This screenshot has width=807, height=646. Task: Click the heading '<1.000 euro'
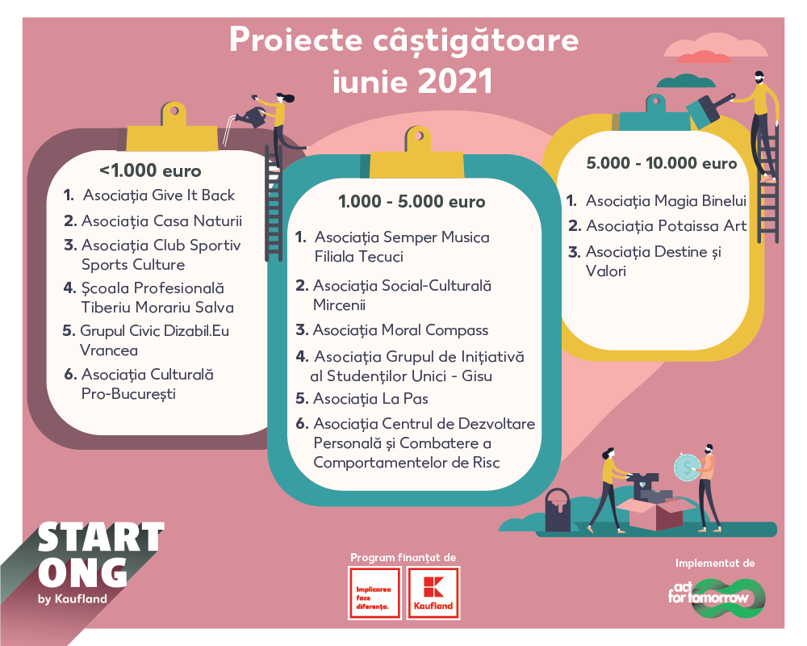[150, 170]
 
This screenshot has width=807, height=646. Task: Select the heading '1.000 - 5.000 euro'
[412, 201]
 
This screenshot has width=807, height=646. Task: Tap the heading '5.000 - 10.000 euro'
[662, 163]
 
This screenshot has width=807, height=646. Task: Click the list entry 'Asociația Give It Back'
[159, 195]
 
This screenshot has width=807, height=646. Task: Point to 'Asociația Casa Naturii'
[161, 221]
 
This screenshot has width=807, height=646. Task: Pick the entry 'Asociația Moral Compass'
[400, 330]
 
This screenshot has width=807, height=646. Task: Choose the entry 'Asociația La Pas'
[370, 399]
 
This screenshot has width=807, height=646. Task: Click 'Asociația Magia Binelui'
[666, 200]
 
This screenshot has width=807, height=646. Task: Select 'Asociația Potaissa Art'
[667, 225]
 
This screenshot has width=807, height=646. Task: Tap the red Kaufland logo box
[433, 593]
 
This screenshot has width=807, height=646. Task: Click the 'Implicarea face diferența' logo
[374, 593]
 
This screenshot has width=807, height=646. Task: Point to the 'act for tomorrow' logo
[717, 598]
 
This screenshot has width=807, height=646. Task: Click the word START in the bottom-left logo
[101, 537]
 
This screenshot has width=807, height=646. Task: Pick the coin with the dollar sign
[687, 468]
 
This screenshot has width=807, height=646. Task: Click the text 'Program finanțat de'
[403, 557]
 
